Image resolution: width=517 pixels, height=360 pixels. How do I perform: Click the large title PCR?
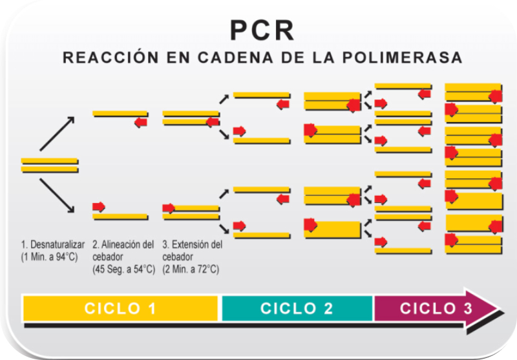click(262, 30)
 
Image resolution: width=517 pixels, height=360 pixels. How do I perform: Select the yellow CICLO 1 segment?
click(121, 308)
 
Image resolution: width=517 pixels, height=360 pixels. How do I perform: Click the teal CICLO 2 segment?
click(297, 308)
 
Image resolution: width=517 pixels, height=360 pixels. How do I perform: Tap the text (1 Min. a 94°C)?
click(49, 257)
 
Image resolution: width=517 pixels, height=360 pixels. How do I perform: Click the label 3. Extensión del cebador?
click(193, 251)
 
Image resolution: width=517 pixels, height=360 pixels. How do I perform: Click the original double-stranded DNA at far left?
click(49, 165)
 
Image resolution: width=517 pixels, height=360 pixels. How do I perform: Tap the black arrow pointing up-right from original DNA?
click(57, 133)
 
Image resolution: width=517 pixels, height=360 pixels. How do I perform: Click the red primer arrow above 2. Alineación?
click(99, 207)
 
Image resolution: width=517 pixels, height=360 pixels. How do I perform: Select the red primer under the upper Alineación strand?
click(141, 122)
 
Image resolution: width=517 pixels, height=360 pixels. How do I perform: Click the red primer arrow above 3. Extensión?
click(169, 207)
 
